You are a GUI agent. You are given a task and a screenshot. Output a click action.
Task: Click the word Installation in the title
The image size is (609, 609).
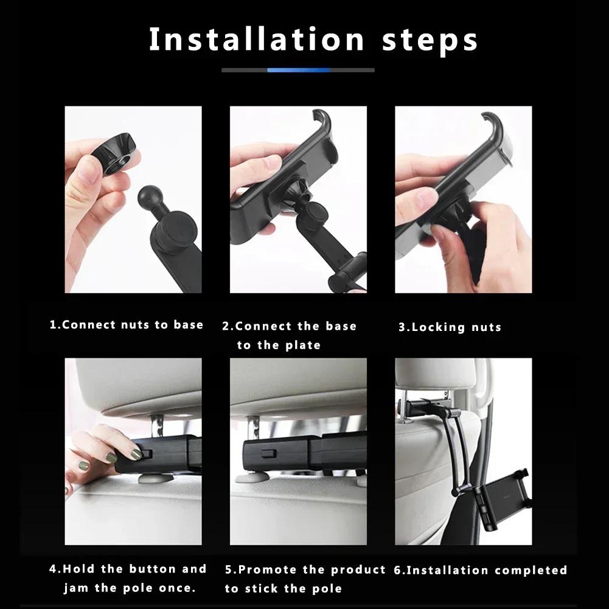[256, 39]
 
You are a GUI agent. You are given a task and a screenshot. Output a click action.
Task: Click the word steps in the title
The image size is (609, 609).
[430, 40]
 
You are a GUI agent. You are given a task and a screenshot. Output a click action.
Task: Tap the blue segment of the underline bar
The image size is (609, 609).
[298, 70]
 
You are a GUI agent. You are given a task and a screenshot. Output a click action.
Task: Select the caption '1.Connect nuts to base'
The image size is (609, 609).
[126, 325]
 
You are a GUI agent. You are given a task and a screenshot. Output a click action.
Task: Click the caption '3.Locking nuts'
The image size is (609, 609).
[450, 327]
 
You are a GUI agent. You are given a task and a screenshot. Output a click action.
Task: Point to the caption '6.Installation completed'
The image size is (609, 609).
[481, 570]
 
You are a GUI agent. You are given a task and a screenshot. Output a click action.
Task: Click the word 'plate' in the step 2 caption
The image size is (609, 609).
[303, 346]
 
